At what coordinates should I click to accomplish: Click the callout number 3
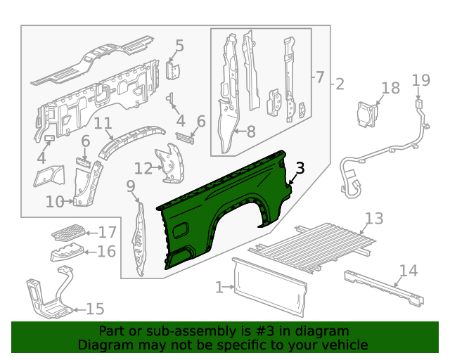(300, 167)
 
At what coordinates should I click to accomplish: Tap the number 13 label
(374, 218)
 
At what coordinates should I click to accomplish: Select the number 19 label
(420, 80)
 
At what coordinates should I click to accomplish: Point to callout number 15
(95, 309)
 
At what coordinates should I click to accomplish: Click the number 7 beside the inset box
(320, 77)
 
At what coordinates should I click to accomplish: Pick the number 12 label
(143, 168)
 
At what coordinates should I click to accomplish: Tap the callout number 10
(55, 202)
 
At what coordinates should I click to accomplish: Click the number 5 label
(179, 46)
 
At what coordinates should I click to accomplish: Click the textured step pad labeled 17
(69, 232)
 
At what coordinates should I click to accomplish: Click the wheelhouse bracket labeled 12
(169, 163)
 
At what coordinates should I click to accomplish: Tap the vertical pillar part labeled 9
(139, 239)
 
